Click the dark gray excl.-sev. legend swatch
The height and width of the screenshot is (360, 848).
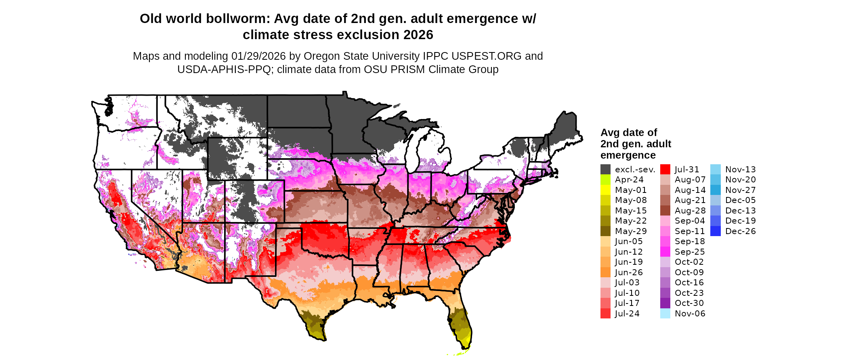605,170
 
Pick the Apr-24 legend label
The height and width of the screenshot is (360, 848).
629,180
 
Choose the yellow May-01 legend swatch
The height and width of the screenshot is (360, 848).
605,190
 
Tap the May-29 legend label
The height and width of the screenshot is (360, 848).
631,231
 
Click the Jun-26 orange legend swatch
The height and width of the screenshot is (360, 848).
605,272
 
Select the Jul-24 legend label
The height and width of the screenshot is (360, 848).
627,314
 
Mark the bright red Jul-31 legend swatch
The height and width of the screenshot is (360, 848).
665,170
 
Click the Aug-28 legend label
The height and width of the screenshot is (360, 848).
690,211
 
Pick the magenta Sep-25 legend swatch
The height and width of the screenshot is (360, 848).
665,252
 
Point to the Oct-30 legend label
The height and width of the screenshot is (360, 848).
689,303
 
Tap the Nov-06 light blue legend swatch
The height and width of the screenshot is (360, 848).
665,314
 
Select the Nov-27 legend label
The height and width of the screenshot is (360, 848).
741,190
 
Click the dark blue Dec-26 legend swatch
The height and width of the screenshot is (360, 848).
715,231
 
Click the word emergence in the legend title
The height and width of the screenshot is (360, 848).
628,155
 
